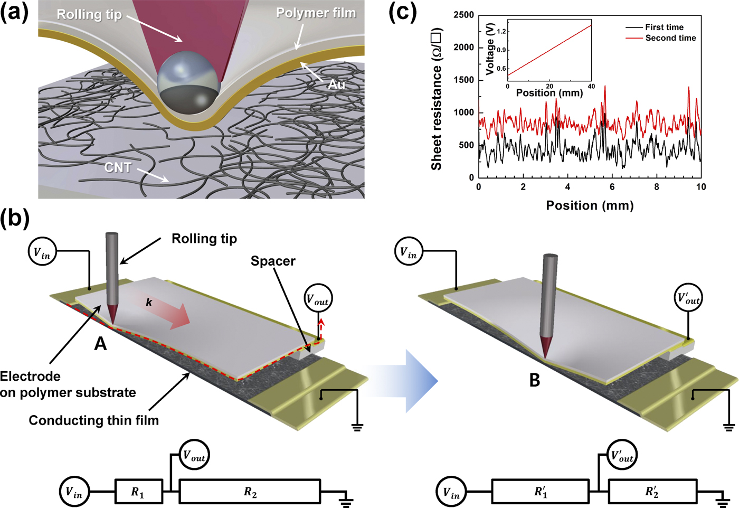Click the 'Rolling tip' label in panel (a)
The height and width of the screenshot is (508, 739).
coord(89,14)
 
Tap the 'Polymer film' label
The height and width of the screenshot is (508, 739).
coord(316,13)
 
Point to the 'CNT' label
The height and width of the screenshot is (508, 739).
coord(118,167)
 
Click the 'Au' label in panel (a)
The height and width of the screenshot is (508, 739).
coord(337,84)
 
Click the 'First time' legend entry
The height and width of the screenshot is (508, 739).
coord(664,27)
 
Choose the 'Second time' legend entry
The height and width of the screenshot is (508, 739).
coord(670,38)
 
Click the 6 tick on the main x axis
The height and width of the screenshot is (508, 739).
coord(612,187)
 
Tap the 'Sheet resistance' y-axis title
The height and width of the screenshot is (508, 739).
coord(437,99)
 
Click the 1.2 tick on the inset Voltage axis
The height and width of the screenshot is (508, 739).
coord(501,32)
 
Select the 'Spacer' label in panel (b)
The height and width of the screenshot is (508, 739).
coord(273,261)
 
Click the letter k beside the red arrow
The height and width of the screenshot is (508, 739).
coord(149,302)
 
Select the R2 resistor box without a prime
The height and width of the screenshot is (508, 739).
coord(250,492)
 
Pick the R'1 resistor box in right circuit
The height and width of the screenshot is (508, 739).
coord(541,492)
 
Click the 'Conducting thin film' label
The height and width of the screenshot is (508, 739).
coord(93,420)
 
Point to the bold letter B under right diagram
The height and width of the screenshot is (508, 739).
coord(535,380)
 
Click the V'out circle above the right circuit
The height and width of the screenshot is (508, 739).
coord(622,455)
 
